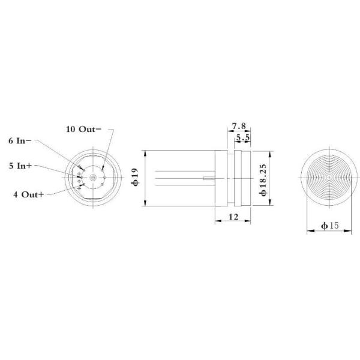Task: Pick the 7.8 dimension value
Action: [x=239, y=126]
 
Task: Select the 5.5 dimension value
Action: [x=244, y=138]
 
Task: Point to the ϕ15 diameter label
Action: [x=329, y=226]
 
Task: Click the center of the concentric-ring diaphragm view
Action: [x=329, y=178]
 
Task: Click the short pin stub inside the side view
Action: [x=209, y=178]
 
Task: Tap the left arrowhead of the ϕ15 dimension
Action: [x=308, y=229]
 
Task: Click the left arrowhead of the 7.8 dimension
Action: [x=228, y=131]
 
